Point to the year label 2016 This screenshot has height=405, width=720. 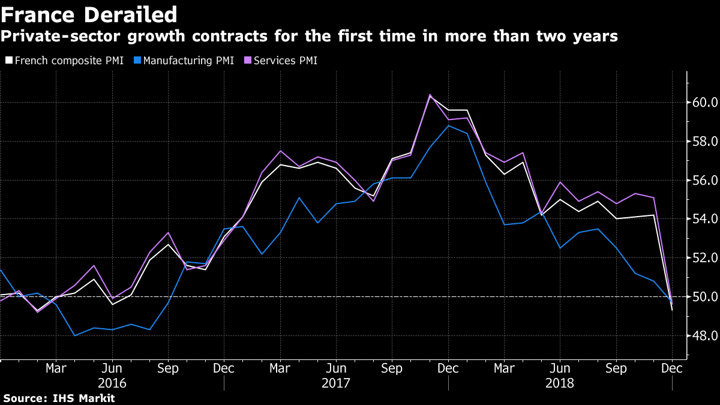pos(112,382)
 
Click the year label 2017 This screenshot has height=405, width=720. pos(336,382)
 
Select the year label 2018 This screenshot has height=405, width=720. pos(560,382)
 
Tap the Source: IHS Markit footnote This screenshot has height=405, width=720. pos(59,398)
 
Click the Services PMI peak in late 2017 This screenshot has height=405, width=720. pos(430,95)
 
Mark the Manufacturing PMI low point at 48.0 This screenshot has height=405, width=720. pos(74,335)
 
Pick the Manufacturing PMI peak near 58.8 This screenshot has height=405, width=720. pos(449,125)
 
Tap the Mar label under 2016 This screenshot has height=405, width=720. pos(56,368)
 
